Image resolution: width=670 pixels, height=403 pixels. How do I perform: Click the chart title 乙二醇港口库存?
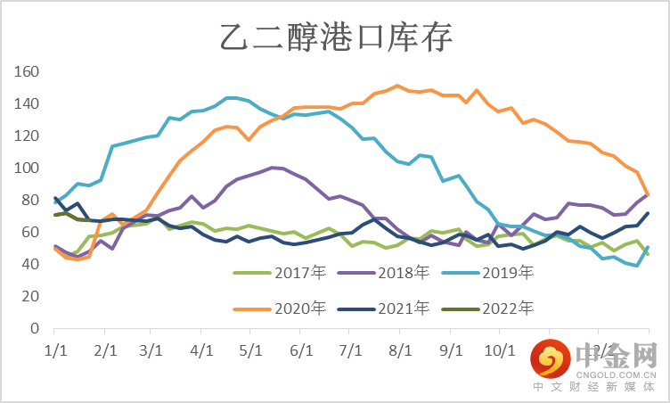tap(336, 37)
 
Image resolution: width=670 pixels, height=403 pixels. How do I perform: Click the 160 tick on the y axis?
tap(28, 71)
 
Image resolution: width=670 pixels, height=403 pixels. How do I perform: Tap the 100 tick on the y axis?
tap(28, 168)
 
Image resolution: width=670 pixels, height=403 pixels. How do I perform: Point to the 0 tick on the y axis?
tap(35, 328)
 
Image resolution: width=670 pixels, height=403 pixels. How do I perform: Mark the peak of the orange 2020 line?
tap(397, 86)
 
